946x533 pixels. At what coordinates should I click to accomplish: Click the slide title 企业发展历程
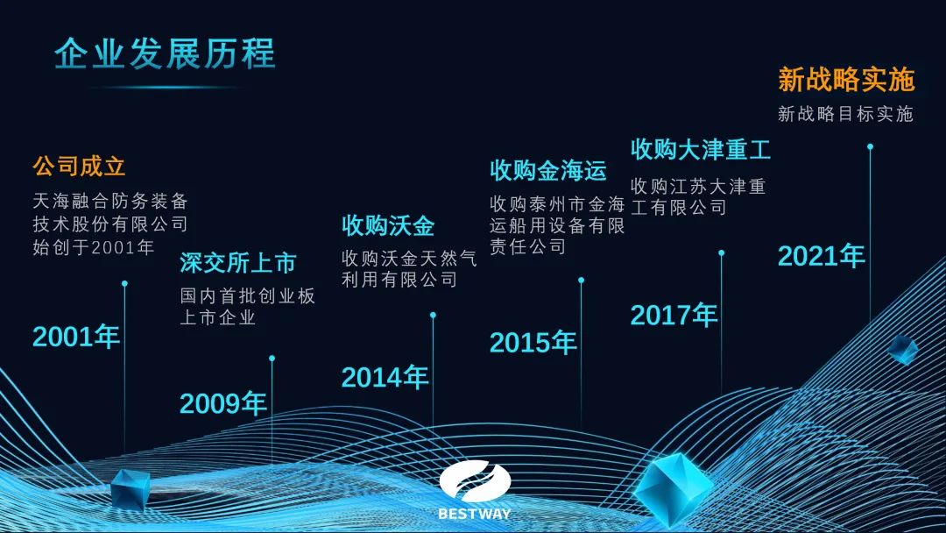[165, 53]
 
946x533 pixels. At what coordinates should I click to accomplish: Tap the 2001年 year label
[76, 337]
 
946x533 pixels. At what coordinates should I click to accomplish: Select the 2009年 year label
[223, 403]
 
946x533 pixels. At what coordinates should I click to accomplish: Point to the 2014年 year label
[385, 378]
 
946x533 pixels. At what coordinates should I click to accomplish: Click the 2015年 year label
[533, 343]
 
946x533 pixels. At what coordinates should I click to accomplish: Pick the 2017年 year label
[674, 315]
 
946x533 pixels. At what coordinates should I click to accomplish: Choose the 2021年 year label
[821, 256]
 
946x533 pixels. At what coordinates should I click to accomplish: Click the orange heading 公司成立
[79, 166]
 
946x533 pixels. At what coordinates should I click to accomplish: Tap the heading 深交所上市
[237, 263]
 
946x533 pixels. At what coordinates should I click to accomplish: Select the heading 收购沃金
[388, 226]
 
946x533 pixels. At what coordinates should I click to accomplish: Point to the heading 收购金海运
[547, 171]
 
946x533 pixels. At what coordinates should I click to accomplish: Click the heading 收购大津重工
[701, 150]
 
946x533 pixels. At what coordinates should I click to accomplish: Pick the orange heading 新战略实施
[846, 80]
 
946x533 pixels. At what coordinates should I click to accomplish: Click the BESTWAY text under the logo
[474, 514]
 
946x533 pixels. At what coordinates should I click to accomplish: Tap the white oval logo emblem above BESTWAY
[475, 481]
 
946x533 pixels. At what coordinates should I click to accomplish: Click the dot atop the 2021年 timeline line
[870, 146]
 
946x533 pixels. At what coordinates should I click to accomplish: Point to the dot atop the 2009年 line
[272, 359]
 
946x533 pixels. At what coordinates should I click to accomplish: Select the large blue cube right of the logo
[672, 487]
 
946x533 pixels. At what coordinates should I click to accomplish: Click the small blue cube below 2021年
[903, 349]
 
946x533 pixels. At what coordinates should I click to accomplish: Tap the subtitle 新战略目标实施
[845, 114]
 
